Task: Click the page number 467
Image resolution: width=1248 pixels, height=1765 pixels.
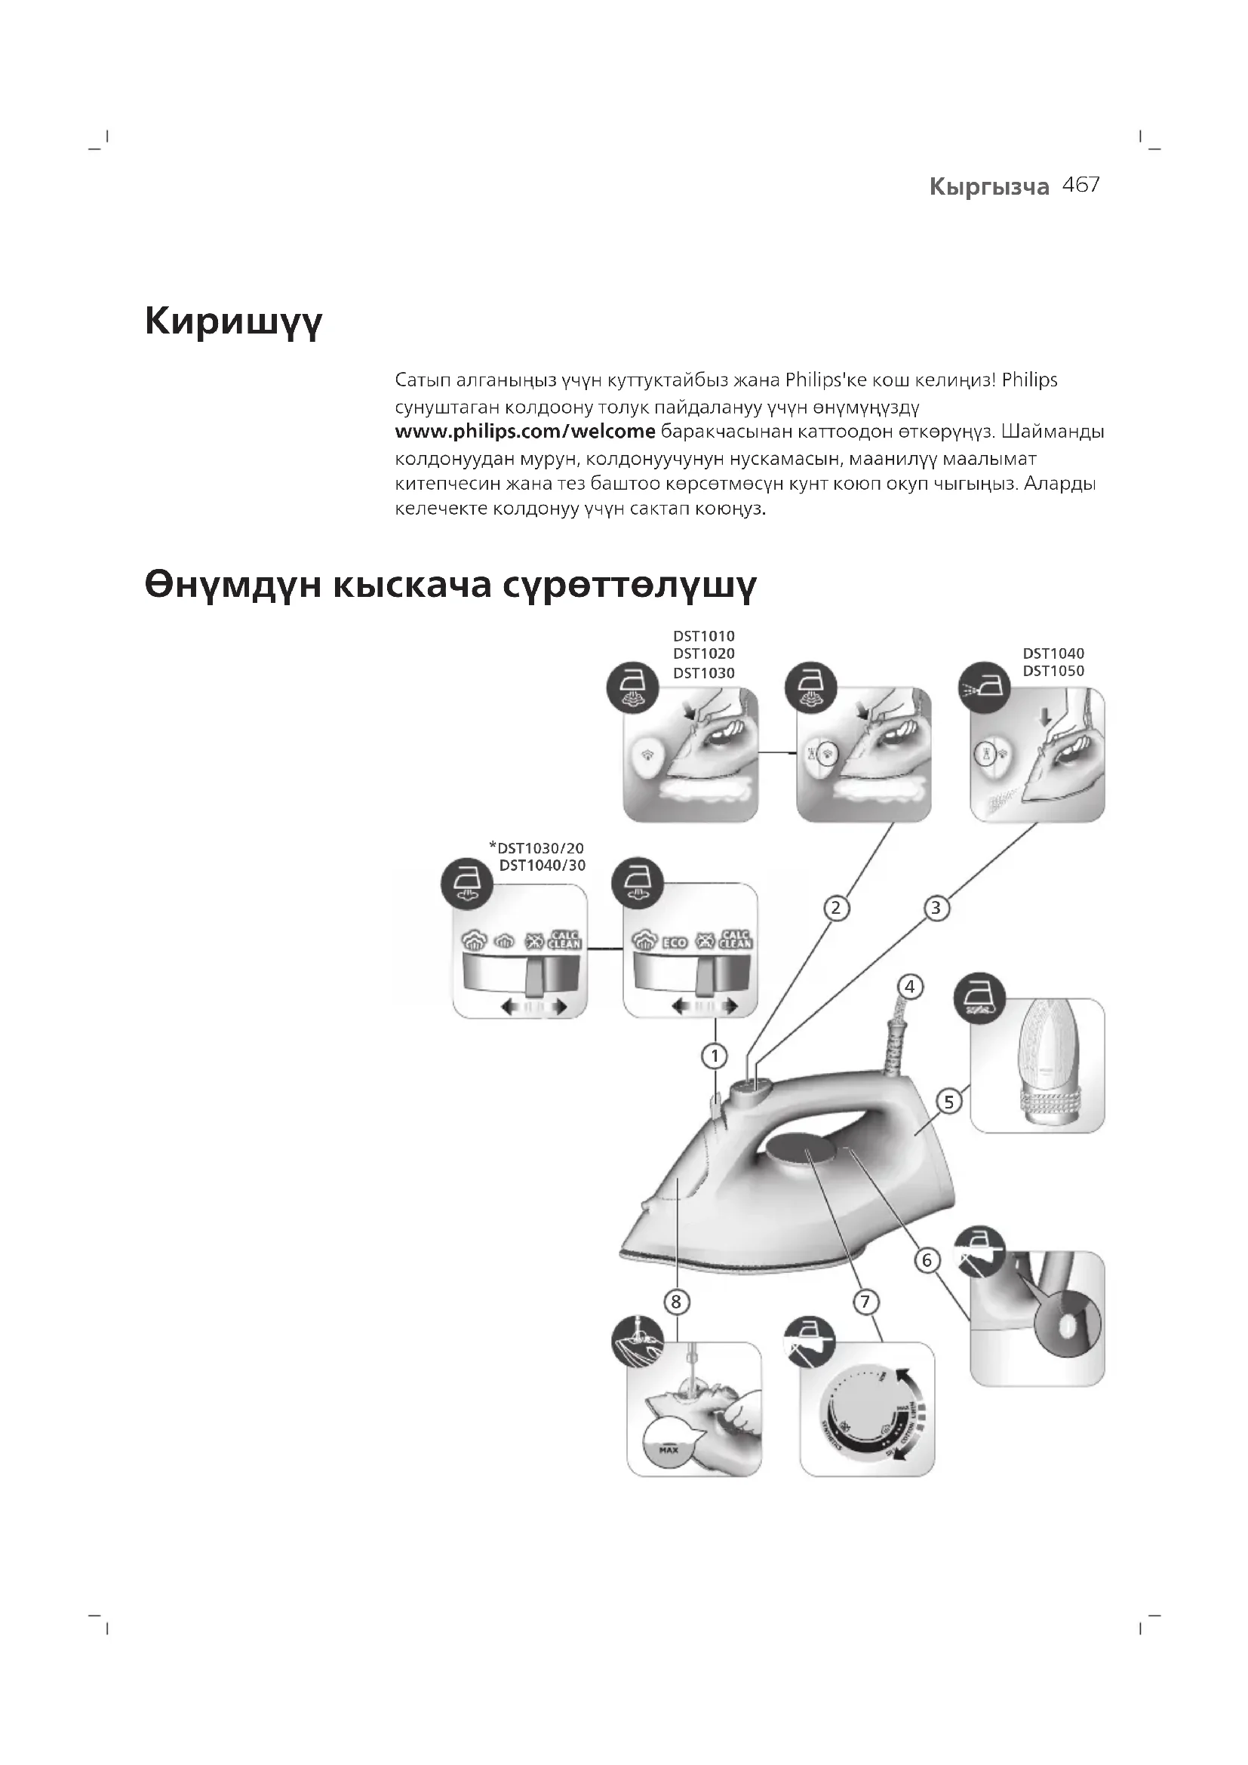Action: coord(1080,186)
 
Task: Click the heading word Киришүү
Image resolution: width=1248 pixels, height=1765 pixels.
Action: coord(233,321)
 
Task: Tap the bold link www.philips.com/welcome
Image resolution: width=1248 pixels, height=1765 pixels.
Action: coord(525,432)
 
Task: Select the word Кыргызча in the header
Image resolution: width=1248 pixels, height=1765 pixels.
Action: coord(989,187)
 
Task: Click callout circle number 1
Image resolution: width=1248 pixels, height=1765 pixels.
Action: coord(715,1056)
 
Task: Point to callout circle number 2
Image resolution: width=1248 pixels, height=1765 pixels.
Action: coord(836,909)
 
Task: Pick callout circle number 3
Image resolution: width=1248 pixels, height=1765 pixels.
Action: coord(936,909)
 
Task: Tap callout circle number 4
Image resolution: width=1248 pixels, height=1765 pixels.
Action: coord(910,986)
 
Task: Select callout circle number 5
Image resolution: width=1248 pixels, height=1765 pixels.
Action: coord(949,1102)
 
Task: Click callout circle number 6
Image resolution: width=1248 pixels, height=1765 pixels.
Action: coord(927,1260)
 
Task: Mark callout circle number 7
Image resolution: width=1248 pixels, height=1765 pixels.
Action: coord(865,1302)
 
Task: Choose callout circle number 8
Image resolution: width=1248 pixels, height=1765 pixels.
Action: coord(676,1302)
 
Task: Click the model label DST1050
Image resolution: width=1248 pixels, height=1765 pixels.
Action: coord(1053,671)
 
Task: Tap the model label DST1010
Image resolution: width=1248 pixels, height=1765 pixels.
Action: coord(704,637)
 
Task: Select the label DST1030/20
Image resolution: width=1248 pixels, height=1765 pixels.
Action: coord(540,849)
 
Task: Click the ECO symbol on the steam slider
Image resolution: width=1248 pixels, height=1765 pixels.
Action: coord(675,942)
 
